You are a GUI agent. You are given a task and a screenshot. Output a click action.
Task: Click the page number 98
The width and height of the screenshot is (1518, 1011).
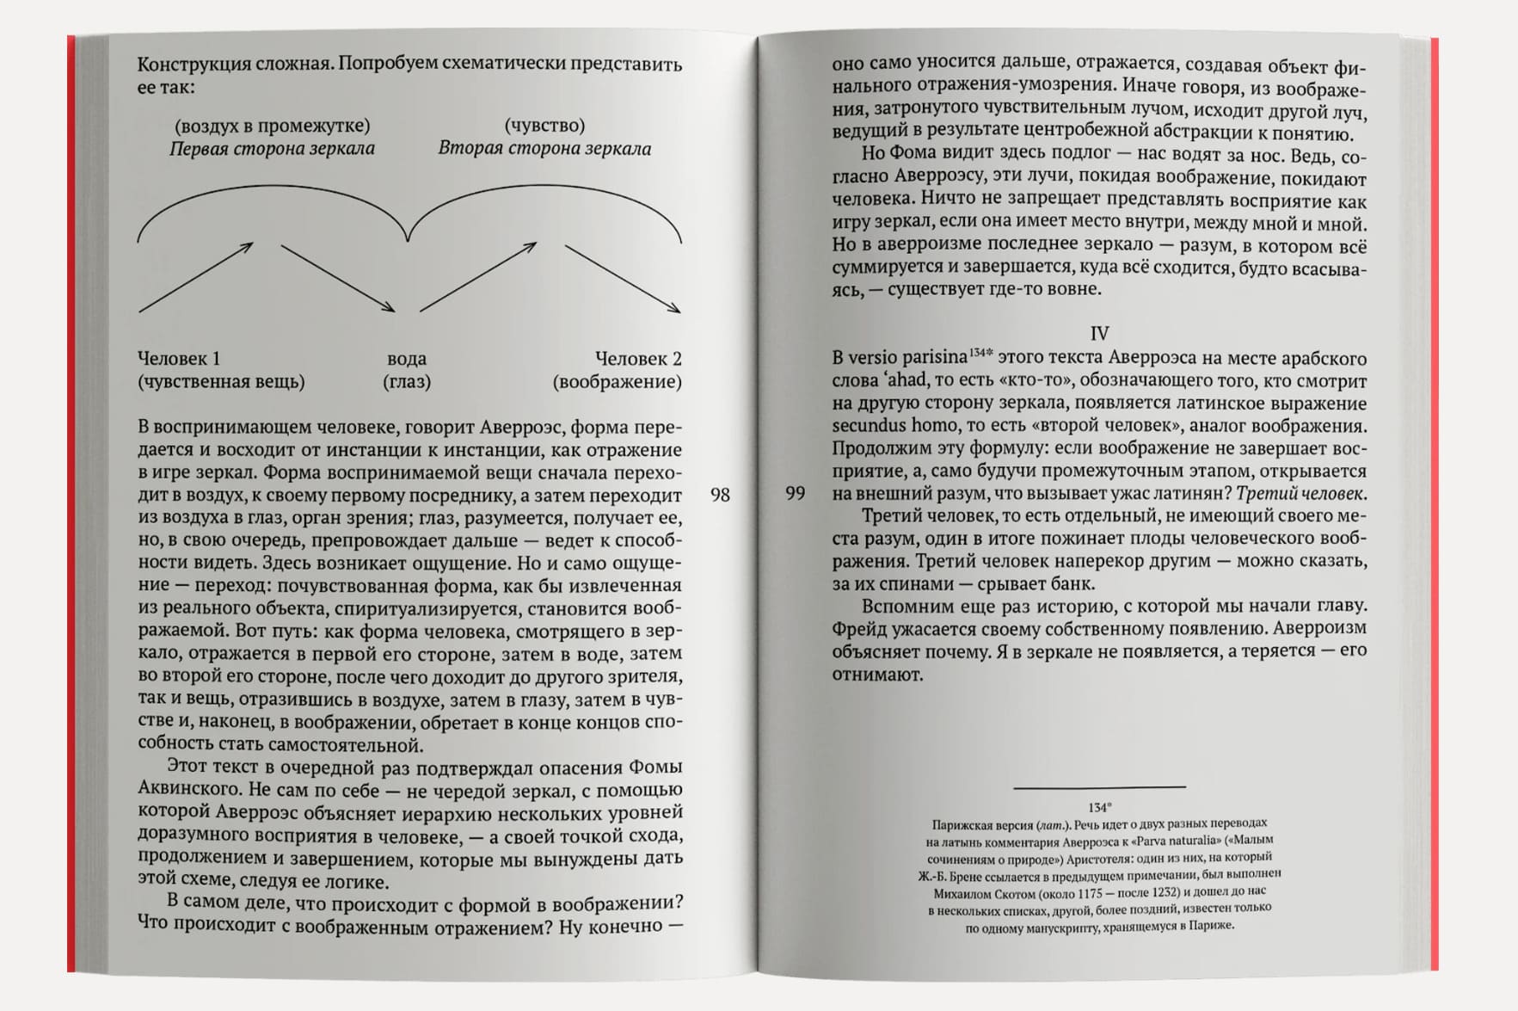pos(720,495)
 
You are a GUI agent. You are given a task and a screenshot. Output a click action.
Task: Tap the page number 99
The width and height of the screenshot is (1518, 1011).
pos(796,493)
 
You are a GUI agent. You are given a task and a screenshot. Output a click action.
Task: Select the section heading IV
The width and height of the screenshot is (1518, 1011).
pos(1099,334)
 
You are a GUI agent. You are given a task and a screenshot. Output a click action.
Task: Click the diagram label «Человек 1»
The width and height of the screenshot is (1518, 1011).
pos(179,359)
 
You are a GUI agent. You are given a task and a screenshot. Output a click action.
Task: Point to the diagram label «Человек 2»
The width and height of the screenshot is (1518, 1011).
pos(638,359)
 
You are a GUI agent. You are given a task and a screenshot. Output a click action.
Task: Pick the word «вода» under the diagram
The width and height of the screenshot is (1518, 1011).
pos(407,359)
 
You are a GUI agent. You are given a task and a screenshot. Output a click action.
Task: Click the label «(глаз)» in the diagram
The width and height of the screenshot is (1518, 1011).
pos(407,382)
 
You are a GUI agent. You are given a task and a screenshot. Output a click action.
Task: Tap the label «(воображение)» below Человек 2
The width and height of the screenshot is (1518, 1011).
pos(618,382)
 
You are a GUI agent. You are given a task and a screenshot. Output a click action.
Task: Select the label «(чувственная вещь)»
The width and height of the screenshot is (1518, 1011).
pos(221,382)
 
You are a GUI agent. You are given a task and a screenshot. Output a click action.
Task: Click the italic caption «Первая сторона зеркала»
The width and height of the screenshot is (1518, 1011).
pos(272,149)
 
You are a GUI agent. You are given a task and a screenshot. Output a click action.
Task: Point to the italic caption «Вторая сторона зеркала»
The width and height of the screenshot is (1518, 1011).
pos(544,149)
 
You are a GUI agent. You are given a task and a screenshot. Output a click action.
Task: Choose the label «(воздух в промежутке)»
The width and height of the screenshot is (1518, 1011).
pos(272,126)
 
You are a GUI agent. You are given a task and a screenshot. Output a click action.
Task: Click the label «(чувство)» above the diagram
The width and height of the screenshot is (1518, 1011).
pos(544,126)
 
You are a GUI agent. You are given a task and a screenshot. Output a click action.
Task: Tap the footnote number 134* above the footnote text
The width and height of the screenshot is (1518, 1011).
pos(1099,807)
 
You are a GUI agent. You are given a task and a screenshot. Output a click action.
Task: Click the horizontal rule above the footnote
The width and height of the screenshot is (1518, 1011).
pos(1099,786)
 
